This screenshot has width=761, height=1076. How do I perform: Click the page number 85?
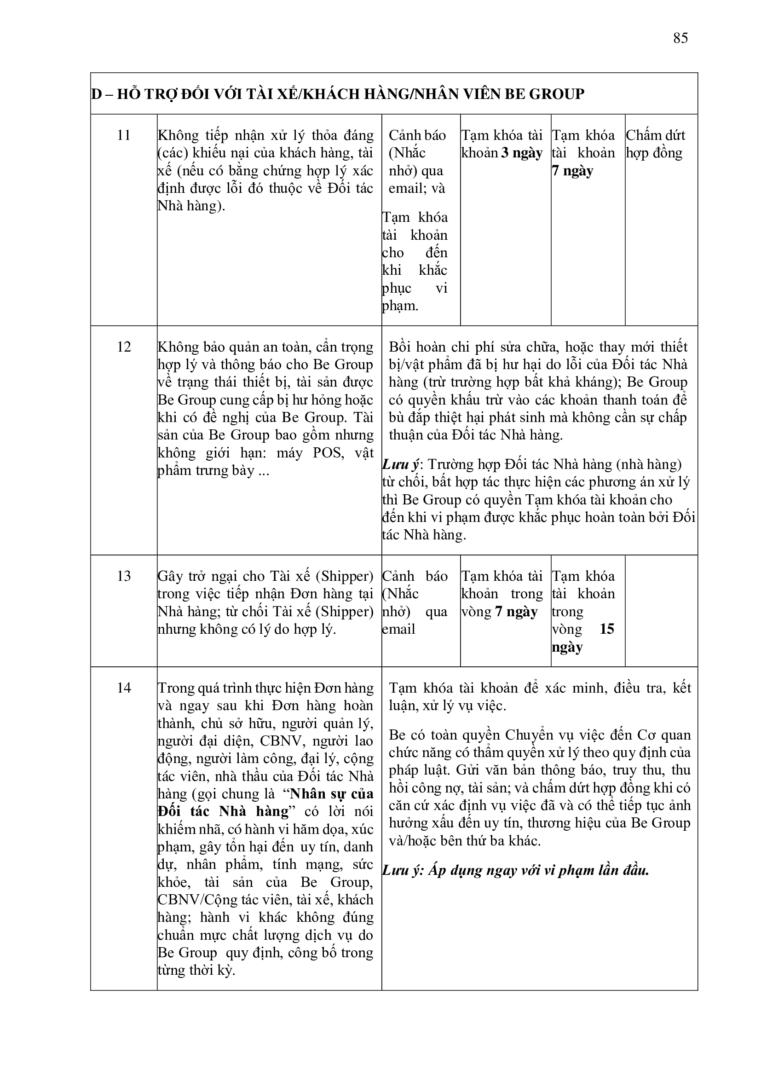pyautogui.click(x=680, y=38)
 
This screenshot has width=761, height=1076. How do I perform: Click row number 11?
pyautogui.click(x=124, y=135)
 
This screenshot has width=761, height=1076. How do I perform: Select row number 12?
pyautogui.click(x=124, y=347)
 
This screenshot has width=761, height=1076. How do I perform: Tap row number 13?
pyautogui.click(x=124, y=576)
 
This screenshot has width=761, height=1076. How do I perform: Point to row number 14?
pyautogui.click(x=124, y=688)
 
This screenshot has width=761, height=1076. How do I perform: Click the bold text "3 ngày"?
pyautogui.click(x=522, y=153)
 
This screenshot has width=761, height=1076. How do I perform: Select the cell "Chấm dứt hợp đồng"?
pyautogui.click(x=655, y=144)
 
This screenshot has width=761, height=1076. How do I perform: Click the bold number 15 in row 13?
pyautogui.click(x=606, y=629)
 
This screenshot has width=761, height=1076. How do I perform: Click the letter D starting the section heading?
pyautogui.click(x=97, y=94)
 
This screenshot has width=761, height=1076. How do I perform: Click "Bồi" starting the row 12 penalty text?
pyautogui.click(x=399, y=347)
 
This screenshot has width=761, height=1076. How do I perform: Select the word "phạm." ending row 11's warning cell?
pyautogui.click(x=400, y=306)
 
